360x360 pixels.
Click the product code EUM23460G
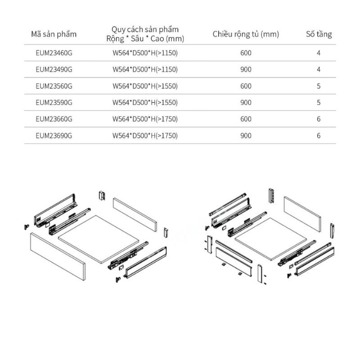coord(54,53)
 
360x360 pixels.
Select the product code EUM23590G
coord(54,103)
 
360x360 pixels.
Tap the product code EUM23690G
coord(54,136)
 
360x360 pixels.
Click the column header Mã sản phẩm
coord(54,34)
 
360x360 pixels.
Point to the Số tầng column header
coord(319,34)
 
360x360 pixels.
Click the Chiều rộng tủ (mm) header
coord(246,34)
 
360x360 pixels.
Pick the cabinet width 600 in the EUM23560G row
coord(246,86)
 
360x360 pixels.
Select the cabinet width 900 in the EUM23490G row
coord(246,69)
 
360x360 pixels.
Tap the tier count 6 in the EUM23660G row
coord(319,119)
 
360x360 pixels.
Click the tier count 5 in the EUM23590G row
coord(319,103)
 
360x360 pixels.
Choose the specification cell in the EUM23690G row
coord(145,136)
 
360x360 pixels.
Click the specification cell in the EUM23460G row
coord(145,53)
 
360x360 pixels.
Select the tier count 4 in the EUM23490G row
coord(319,69)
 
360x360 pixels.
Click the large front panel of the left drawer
coord(58,256)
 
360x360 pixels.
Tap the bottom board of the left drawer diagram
coord(99,239)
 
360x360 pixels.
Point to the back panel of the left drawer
coord(135,215)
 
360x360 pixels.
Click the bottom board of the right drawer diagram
coord(271,239)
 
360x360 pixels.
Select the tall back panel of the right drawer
coord(302,214)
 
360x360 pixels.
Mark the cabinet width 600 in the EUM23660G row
coord(246,119)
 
